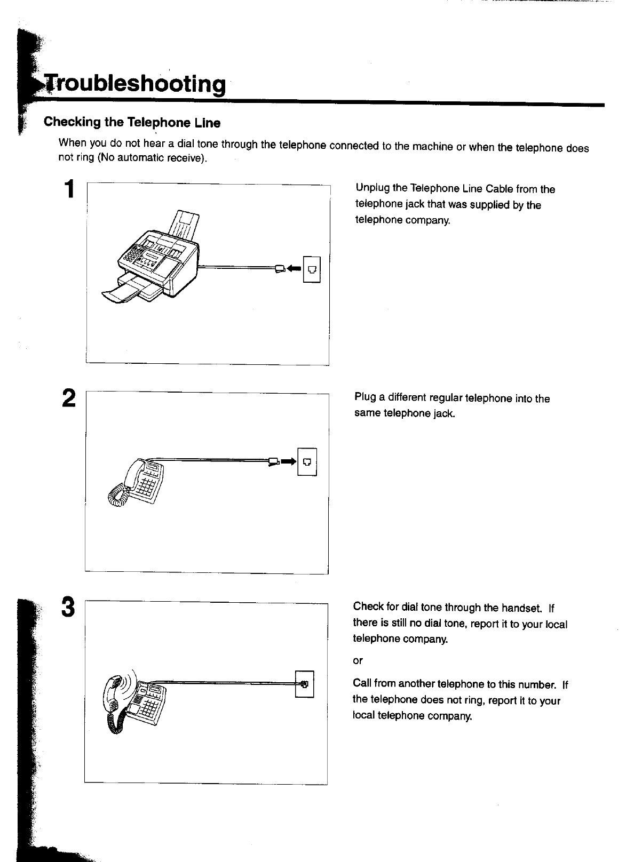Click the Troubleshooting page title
point(133,84)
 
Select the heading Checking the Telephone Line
point(132,123)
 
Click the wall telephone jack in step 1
point(311,269)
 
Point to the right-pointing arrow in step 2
point(288,461)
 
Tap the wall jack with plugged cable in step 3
point(305,684)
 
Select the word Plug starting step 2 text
point(363,398)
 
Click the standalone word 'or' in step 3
point(358,661)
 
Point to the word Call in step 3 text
point(362,684)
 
